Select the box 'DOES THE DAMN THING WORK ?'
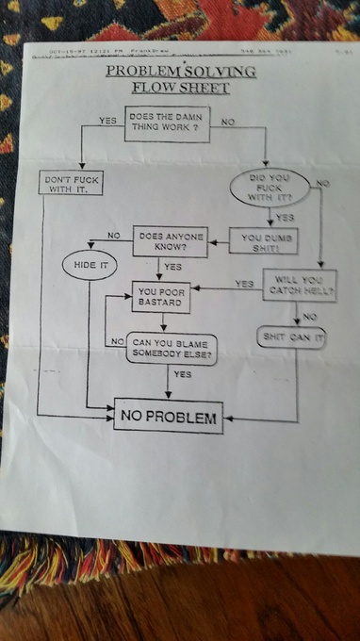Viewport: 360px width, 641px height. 165,123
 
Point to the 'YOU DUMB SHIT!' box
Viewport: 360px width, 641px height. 256,242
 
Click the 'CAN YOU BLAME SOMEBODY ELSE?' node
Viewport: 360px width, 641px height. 172,349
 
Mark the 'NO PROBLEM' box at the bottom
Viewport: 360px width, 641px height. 168,416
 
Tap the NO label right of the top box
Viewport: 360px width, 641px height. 228,122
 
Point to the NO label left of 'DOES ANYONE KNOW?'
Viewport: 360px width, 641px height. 115,234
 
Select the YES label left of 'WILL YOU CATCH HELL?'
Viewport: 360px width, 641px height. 244,283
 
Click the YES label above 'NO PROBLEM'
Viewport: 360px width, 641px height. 183,374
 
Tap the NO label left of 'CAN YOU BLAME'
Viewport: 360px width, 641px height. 117,340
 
